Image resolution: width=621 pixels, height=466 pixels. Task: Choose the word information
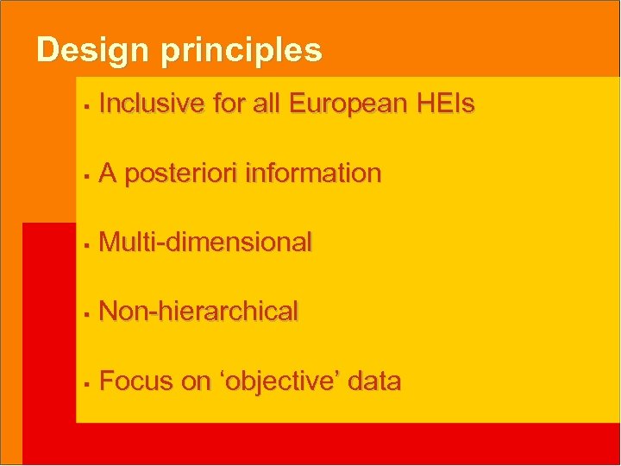pos(313,173)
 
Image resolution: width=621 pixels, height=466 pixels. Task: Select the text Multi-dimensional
pos(205,242)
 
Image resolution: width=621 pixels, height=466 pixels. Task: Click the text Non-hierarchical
pos(198,312)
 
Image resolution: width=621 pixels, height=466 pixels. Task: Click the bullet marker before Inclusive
pos(87,106)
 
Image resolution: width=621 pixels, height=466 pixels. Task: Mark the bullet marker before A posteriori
pos(87,175)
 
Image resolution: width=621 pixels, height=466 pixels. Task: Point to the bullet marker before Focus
pos(87,382)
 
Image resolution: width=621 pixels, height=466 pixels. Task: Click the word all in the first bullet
pos(267,104)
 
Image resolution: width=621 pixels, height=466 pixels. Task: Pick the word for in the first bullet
pos(229,104)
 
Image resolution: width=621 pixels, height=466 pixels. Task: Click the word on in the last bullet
pos(195,381)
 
